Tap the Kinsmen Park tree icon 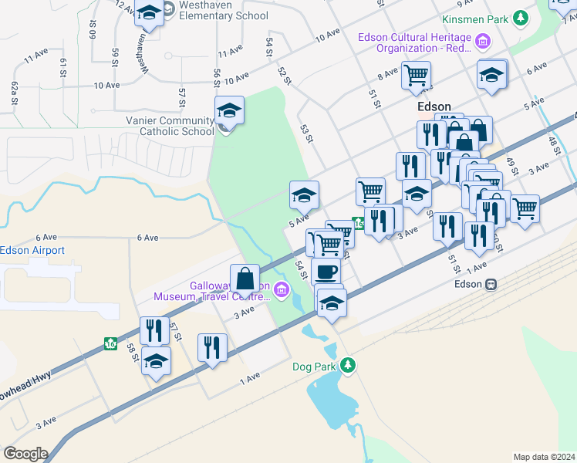click(x=522, y=17)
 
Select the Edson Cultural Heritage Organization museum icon click(x=483, y=42)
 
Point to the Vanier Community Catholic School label click(x=170, y=126)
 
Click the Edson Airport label click(x=32, y=250)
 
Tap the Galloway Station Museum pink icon click(x=281, y=290)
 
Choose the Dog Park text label click(x=315, y=367)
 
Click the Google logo click(x=25, y=454)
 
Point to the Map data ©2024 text click(x=543, y=457)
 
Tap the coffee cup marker click(x=326, y=271)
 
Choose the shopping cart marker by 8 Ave click(x=416, y=76)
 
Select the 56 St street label click(x=217, y=77)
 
